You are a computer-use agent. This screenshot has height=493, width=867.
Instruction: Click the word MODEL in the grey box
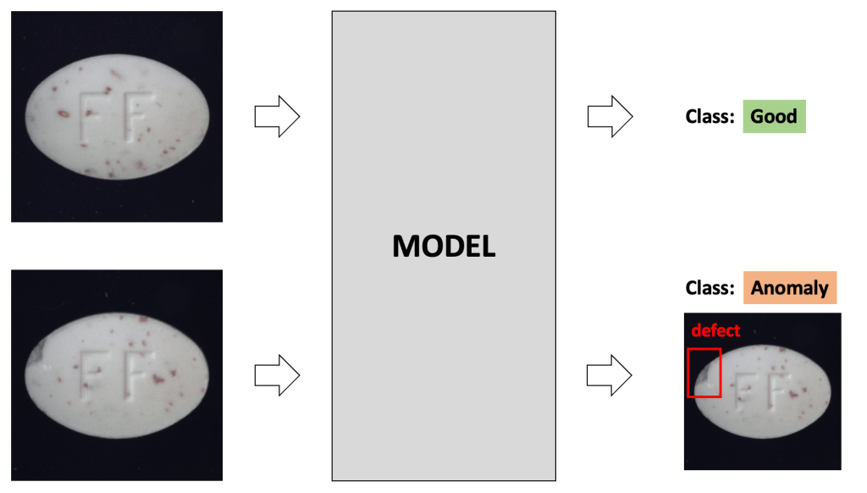(x=444, y=246)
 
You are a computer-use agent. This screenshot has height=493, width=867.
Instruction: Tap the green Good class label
(x=774, y=117)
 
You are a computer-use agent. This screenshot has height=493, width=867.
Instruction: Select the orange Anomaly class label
(x=789, y=288)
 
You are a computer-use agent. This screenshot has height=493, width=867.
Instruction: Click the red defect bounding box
(x=704, y=373)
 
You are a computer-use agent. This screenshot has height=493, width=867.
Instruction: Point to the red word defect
(x=715, y=330)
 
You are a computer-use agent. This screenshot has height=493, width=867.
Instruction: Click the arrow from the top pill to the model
(x=277, y=117)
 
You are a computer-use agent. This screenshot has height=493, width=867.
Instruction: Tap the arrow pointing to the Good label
(x=610, y=117)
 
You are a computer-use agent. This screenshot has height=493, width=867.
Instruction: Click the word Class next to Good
(x=709, y=117)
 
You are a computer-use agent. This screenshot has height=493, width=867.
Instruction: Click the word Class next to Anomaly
(x=709, y=288)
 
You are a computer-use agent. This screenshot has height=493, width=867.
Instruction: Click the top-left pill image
(x=117, y=117)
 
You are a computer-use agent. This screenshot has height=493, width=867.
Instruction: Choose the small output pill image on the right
(x=762, y=391)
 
